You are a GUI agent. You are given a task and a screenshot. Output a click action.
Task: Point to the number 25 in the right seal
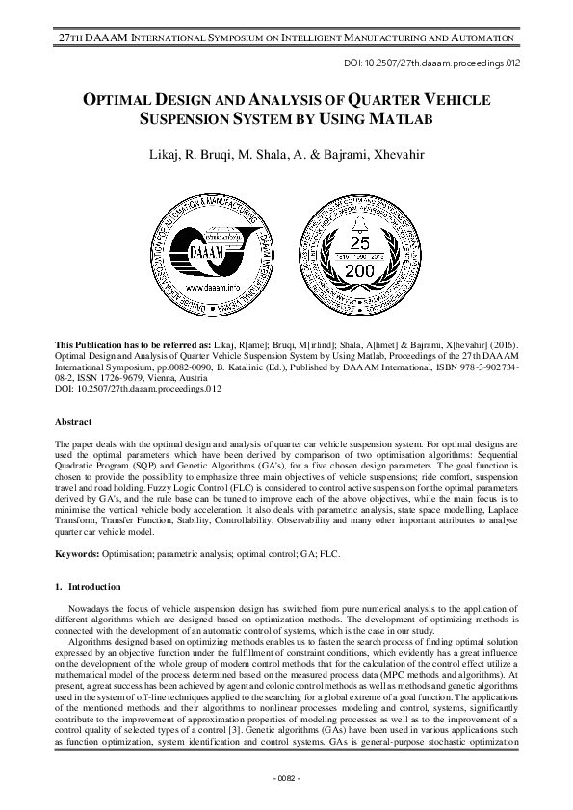358,242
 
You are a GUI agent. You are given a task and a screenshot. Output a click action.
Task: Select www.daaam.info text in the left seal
223,286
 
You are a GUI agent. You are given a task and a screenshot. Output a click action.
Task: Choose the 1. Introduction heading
88,586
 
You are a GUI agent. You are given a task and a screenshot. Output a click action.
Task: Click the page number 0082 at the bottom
286,776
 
